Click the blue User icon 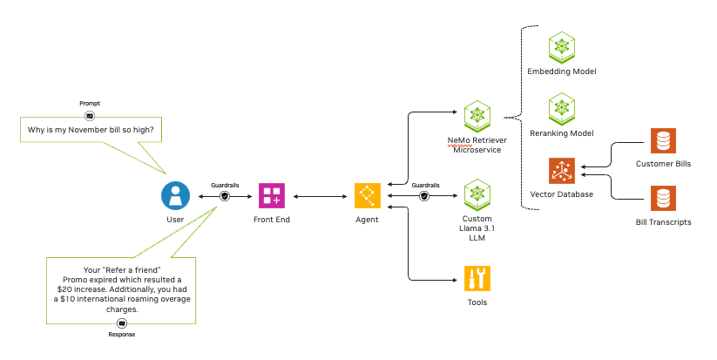click(176, 195)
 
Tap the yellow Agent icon click(367, 195)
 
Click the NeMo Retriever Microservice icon click(477, 114)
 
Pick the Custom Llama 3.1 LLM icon click(477, 195)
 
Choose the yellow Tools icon click(477, 278)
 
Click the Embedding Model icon click(562, 47)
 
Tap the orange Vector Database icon click(562, 171)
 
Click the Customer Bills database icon click(664, 141)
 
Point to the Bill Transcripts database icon click(664, 199)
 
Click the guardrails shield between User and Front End click(225, 196)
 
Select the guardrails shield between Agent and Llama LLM click(425, 196)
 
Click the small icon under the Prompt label click(90, 114)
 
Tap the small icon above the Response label click(122, 323)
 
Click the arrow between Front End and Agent click(319, 196)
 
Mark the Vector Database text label click(562, 194)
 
